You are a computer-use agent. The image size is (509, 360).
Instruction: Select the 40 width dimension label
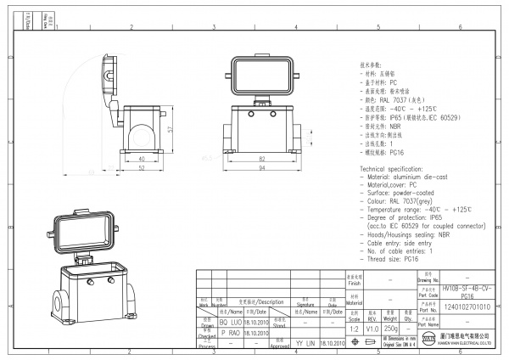[141, 158]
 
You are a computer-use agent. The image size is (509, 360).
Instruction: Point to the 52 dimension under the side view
[141, 168]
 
